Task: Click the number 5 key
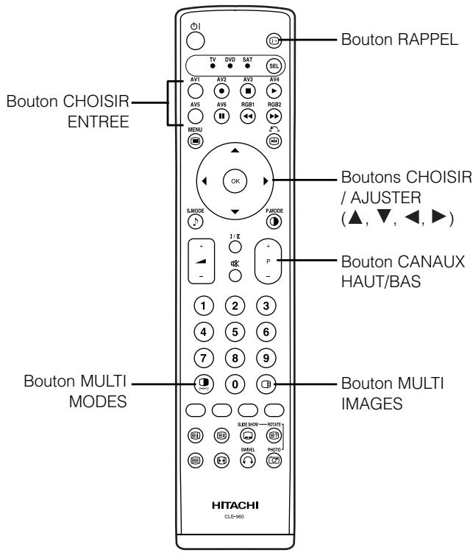click(x=235, y=334)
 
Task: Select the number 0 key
click(x=235, y=383)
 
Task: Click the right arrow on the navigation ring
click(x=274, y=179)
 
